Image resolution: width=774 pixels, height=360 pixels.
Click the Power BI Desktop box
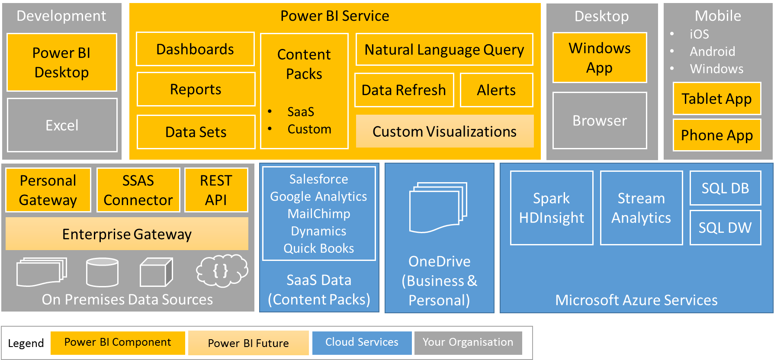[x=62, y=62]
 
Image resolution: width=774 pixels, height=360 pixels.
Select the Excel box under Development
[x=62, y=125]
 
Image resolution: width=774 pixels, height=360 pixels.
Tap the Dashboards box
[x=195, y=49]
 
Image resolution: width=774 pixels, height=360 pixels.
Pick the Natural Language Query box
[x=444, y=49]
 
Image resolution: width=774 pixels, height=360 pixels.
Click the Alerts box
[x=496, y=90]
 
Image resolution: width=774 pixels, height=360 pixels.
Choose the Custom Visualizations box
[x=444, y=131]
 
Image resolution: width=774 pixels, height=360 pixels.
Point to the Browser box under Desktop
[x=600, y=121]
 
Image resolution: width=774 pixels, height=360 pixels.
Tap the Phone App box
[x=717, y=135]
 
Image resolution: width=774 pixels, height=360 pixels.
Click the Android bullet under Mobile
[x=712, y=51]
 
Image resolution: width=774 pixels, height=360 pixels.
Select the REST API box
[x=216, y=190]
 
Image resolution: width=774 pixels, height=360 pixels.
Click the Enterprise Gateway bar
[x=127, y=234]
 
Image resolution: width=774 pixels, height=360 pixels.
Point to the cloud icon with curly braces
[x=222, y=270]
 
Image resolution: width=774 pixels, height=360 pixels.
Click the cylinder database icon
[x=102, y=272]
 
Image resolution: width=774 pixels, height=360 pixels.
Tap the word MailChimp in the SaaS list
[x=319, y=214]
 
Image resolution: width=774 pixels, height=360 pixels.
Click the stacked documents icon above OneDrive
[x=438, y=207]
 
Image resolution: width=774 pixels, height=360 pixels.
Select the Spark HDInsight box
[x=552, y=208]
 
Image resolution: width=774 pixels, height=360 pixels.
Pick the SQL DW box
[x=725, y=228]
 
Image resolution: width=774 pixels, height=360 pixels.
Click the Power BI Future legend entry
[x=248, y=343]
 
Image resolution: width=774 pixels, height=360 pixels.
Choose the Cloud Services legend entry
[x=362, y=342]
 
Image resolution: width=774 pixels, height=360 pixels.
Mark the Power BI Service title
[x=334, y=16]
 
